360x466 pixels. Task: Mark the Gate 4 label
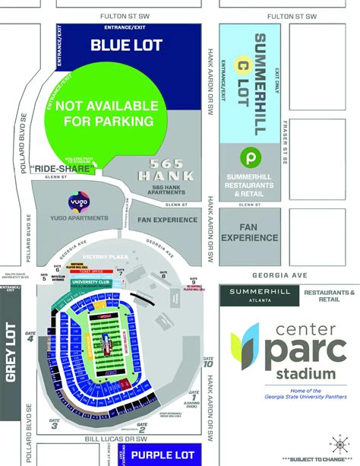(x=30, y=337)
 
